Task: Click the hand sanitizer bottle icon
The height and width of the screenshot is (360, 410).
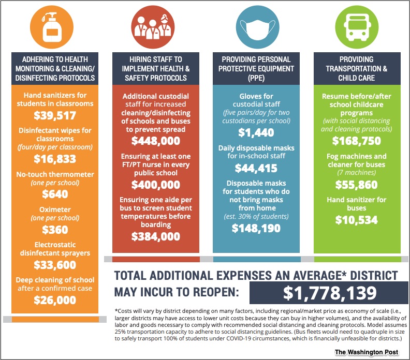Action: (x=52, y=27)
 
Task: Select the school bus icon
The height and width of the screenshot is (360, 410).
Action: (x=357, y=27)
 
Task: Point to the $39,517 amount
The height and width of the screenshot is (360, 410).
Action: (x=55, y=115)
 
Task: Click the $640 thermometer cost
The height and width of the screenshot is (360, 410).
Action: (x=55, y=194)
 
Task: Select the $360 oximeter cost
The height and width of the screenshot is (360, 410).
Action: (x=55, y=230)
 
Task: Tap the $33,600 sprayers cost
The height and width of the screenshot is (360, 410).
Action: (x=55, y=265)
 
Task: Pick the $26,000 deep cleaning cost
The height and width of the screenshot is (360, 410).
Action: (x=55, y=300)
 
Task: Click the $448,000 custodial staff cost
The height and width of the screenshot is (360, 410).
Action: (x=156, y=141)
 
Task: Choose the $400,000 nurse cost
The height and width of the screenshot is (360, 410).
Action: (x=156, y=185)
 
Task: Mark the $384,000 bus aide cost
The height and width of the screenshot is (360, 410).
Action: (x=156, y=236)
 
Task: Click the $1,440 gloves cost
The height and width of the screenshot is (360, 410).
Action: (x=256, y=133)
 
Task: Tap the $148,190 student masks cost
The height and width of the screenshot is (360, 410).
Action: (x=256, y=228)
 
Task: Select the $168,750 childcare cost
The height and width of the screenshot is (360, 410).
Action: (x=357, y=141)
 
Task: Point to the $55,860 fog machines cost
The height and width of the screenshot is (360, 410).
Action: (x=357, y=185)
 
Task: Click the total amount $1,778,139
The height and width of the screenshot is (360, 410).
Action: (x=330, y=293)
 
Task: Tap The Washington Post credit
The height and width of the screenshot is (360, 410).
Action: (x=367, y=352)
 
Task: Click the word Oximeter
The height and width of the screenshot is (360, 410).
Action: (x=55, y=209)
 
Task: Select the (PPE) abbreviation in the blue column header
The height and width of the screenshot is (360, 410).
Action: (x=256, y=78)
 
